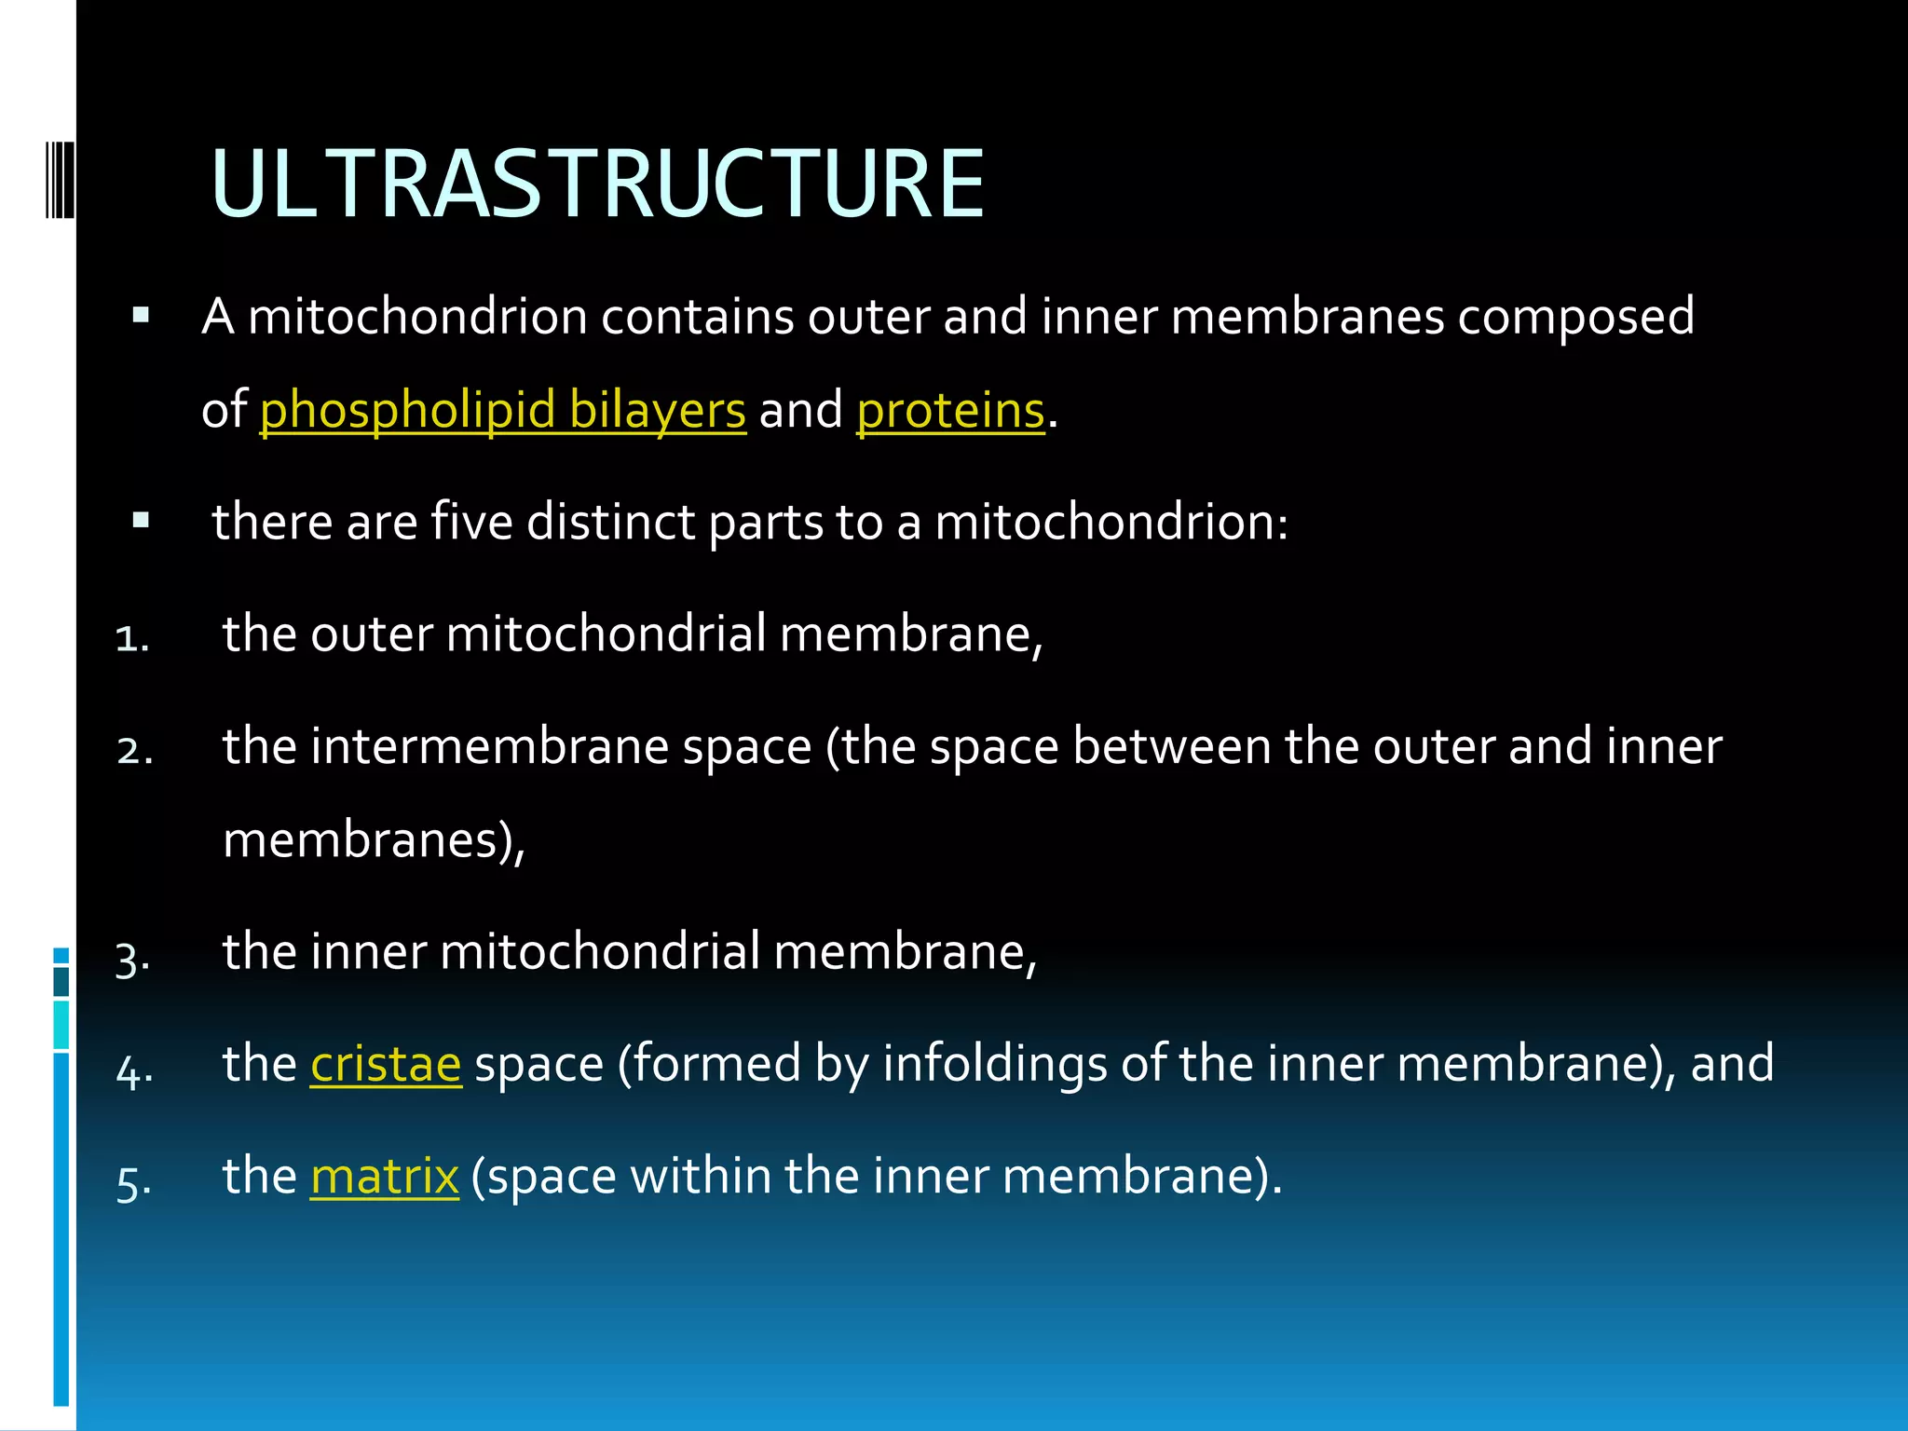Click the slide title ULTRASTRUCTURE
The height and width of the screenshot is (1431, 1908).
tap(597, 184)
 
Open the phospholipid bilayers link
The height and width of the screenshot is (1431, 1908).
tap(502, 410)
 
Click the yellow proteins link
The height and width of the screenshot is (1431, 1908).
tap(950, 410)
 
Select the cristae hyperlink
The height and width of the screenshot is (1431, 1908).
tap(386, 1063)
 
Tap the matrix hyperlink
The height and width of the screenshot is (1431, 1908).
tap(384, 1176)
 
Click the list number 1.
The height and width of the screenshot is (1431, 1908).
tap(131, 639)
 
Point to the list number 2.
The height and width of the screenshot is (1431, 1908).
tap(135, 751)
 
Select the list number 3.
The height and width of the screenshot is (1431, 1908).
tap(132, 958)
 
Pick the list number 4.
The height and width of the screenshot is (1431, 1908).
tap(134, 1071)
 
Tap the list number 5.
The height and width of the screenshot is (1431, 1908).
tap(134, 1183)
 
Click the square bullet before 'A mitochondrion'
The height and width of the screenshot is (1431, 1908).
tap(141, 315)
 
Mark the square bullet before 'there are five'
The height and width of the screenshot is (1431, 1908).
tap(141, 520)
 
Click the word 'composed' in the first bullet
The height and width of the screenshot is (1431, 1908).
tap(1575, 317)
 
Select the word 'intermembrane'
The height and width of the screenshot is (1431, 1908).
tap(489, 746)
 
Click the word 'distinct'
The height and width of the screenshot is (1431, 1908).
tap(610, 521)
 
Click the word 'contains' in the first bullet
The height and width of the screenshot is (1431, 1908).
tap(697, 317)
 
